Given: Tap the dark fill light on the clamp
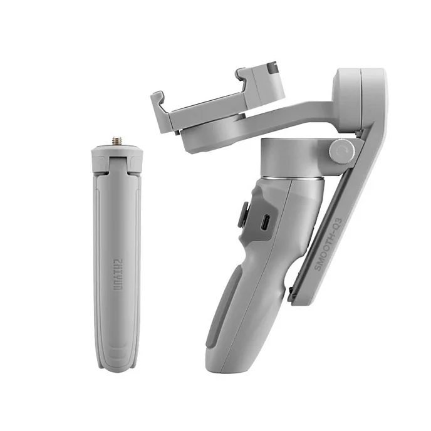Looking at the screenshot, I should tap(273, 67).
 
